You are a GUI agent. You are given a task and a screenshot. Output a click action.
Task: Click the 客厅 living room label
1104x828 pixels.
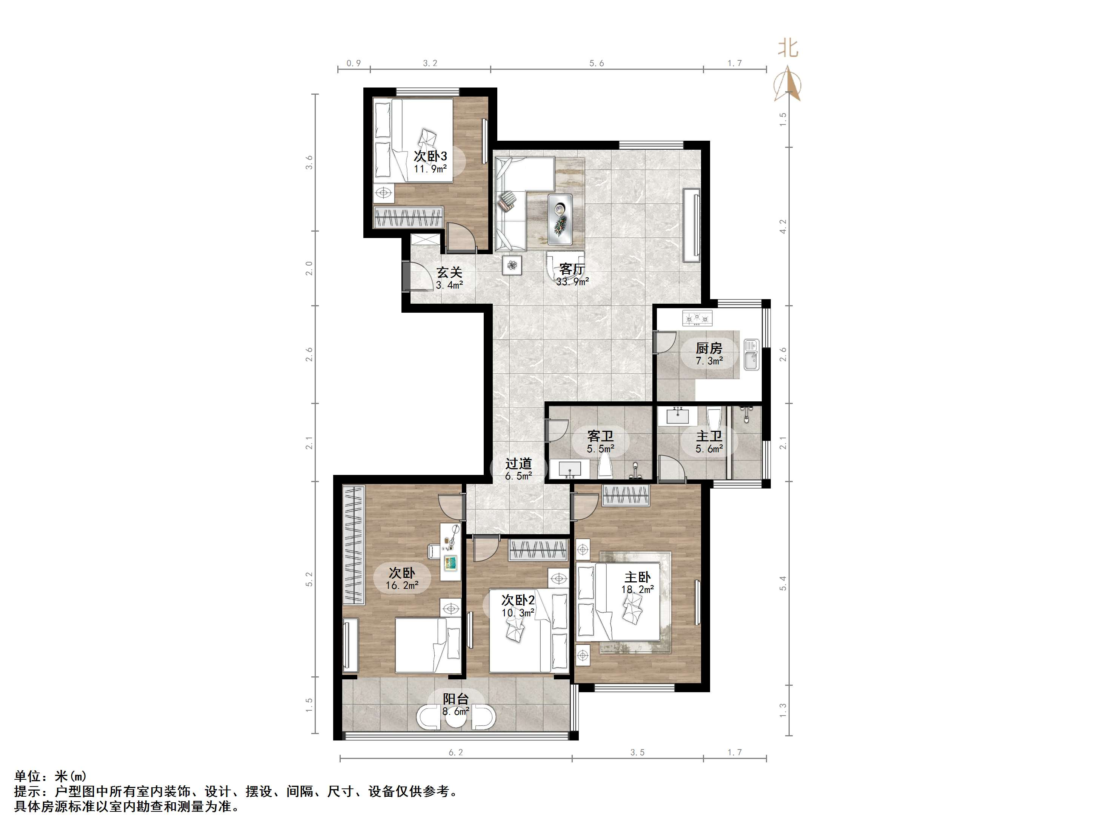pyautogui.click(x=572, y=269)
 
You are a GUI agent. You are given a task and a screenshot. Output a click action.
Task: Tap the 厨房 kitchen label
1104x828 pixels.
pyautogui.click(x=709, y=348)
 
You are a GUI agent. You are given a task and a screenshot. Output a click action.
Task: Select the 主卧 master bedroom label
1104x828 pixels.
pyautogui.click(x=637, y=577)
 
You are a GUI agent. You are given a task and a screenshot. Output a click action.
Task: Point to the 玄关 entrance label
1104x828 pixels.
pyautogui.click(x=449, y=272)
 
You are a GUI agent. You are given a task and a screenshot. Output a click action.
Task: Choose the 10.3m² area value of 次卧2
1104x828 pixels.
pyautogui.click(x=518, y=612)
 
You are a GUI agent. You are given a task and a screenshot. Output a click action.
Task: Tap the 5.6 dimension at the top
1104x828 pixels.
pyautogui.click(x=597, y=63)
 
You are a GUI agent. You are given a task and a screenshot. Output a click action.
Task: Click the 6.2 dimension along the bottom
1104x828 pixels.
pyautogui.click(x=456, y=752)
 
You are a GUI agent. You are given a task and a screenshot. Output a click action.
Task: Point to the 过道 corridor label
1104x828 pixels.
pyautogui.click(x=518, y=464)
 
